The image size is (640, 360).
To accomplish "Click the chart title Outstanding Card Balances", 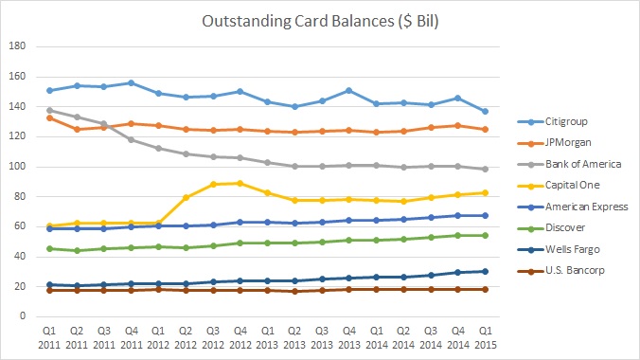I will tap(319, 22).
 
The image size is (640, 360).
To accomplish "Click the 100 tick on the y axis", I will tap(19, 167).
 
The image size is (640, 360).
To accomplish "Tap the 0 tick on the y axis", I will tap(24, 317).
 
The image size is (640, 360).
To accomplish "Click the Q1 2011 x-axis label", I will tap(48, 335).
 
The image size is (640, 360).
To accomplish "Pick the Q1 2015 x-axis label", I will tap(485, 335).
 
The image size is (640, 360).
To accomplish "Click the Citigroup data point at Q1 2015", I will tap(485, 111).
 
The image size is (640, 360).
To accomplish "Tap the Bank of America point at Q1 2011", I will tap(48, 110).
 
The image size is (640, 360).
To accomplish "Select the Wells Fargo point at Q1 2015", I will tap(485, 271).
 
